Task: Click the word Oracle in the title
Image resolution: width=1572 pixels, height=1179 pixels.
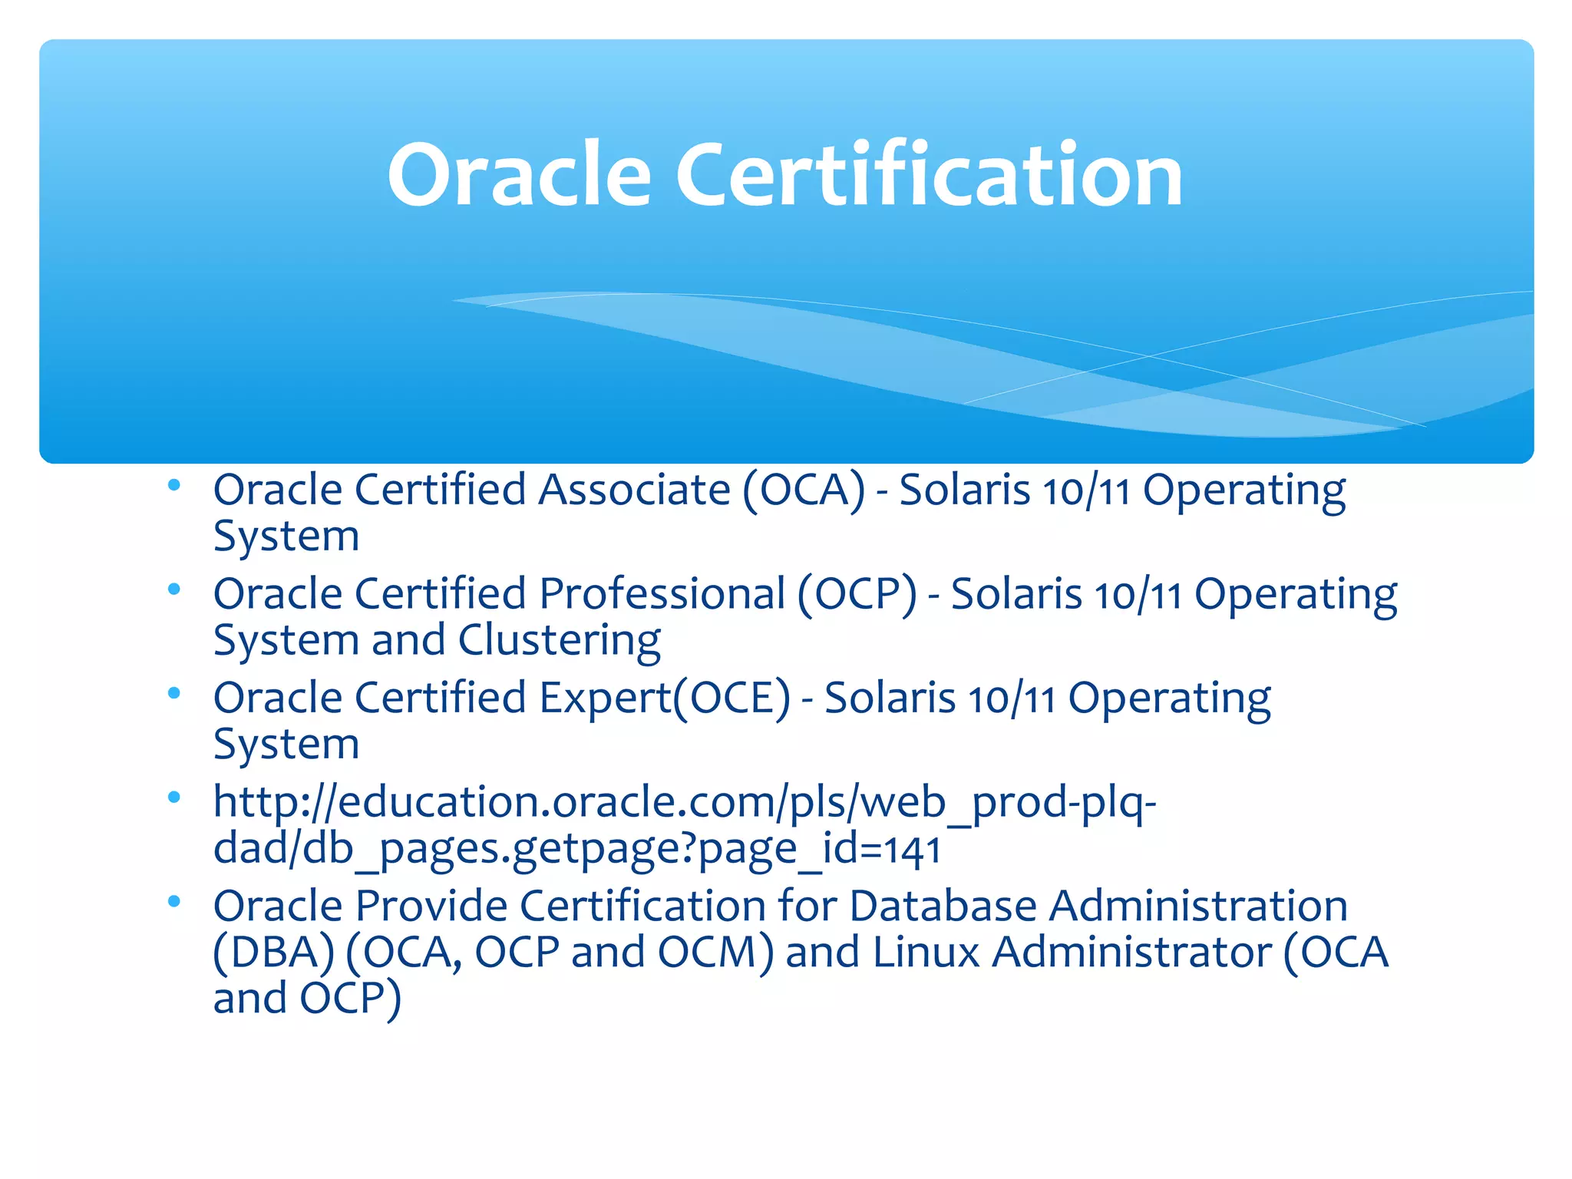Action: (519, 176)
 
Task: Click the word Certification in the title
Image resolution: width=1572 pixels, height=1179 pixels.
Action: (929, 176)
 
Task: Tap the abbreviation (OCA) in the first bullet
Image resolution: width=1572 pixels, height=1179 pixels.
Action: (803, 490)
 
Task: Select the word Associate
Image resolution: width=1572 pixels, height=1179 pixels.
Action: (634, 490)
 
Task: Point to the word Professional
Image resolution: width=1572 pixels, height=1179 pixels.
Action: (662, 594)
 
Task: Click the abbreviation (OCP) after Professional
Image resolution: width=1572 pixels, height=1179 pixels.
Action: (857, 594)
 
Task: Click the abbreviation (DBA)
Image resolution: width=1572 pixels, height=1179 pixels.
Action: (274, 953)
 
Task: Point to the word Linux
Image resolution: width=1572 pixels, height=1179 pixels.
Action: (926, 953)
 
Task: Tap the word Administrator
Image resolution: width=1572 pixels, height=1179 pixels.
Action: (1131, 953)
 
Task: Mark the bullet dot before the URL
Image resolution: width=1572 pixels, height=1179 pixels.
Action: (174, 798)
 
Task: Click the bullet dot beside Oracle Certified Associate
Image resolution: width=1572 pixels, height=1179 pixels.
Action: (174, 485)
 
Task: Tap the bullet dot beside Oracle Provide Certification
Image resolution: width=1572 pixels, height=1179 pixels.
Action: (174, 902)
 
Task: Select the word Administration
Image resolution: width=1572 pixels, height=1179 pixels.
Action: (1198, 906)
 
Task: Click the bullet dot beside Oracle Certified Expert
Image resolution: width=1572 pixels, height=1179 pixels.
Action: (174, 694)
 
